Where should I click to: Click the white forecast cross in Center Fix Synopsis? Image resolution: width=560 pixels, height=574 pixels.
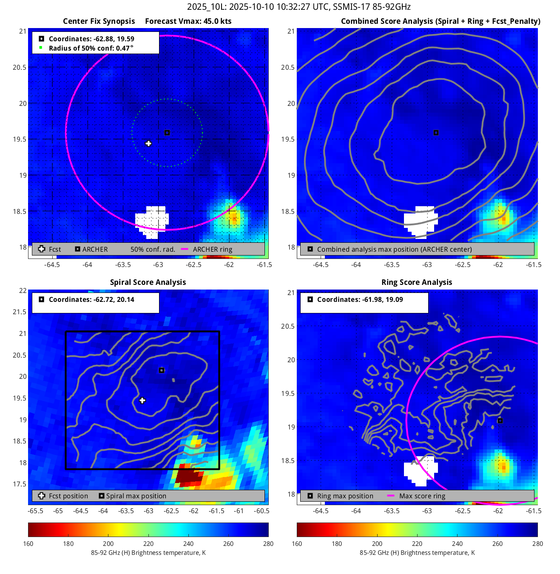click(x=148, y=144)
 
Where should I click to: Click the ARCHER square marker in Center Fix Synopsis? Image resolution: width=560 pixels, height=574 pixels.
click(x=167, y=133)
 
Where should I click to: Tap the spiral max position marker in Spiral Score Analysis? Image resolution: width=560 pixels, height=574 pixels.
click(x=162, y=370)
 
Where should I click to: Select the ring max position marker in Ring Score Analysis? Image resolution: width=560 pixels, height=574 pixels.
click(x=500, y=421)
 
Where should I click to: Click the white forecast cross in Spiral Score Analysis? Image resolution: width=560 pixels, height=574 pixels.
click(x=142, y=401)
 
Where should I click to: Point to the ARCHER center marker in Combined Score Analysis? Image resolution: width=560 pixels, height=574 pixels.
click(x=436, y=133)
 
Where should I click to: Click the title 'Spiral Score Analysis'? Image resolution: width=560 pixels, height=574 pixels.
click(x=148, y=282)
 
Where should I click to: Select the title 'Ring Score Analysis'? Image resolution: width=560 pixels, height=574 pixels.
click(x=417, y=282)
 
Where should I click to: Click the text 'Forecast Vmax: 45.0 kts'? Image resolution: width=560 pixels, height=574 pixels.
click(x=188, y=21)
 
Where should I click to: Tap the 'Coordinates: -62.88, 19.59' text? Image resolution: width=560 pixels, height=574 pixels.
click(x=91, y=39)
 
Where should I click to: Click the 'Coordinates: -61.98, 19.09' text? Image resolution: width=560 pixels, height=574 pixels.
click(x=360, y=299)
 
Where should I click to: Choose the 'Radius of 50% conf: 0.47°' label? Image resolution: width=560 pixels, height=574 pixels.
click(x=91, y=48)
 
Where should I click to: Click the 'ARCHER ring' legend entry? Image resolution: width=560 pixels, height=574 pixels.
click(x=212, y=249)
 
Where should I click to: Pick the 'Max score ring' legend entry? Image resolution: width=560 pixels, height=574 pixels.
click(x=422, y=496)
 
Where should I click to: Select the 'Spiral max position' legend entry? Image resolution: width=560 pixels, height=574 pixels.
click(x=136, y=496)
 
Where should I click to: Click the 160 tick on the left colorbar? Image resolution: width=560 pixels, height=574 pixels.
click(x=28, y=543)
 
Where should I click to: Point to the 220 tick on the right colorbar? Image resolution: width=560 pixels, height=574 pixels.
click(x=417, y=543)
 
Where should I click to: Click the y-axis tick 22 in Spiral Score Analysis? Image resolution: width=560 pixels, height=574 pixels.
click(x=23, y=290)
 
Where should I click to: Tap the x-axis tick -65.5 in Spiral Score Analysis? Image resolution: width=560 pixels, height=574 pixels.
click(x=35, y=511)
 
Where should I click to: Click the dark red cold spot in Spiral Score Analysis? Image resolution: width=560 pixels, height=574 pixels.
click(x=188, y=477)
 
